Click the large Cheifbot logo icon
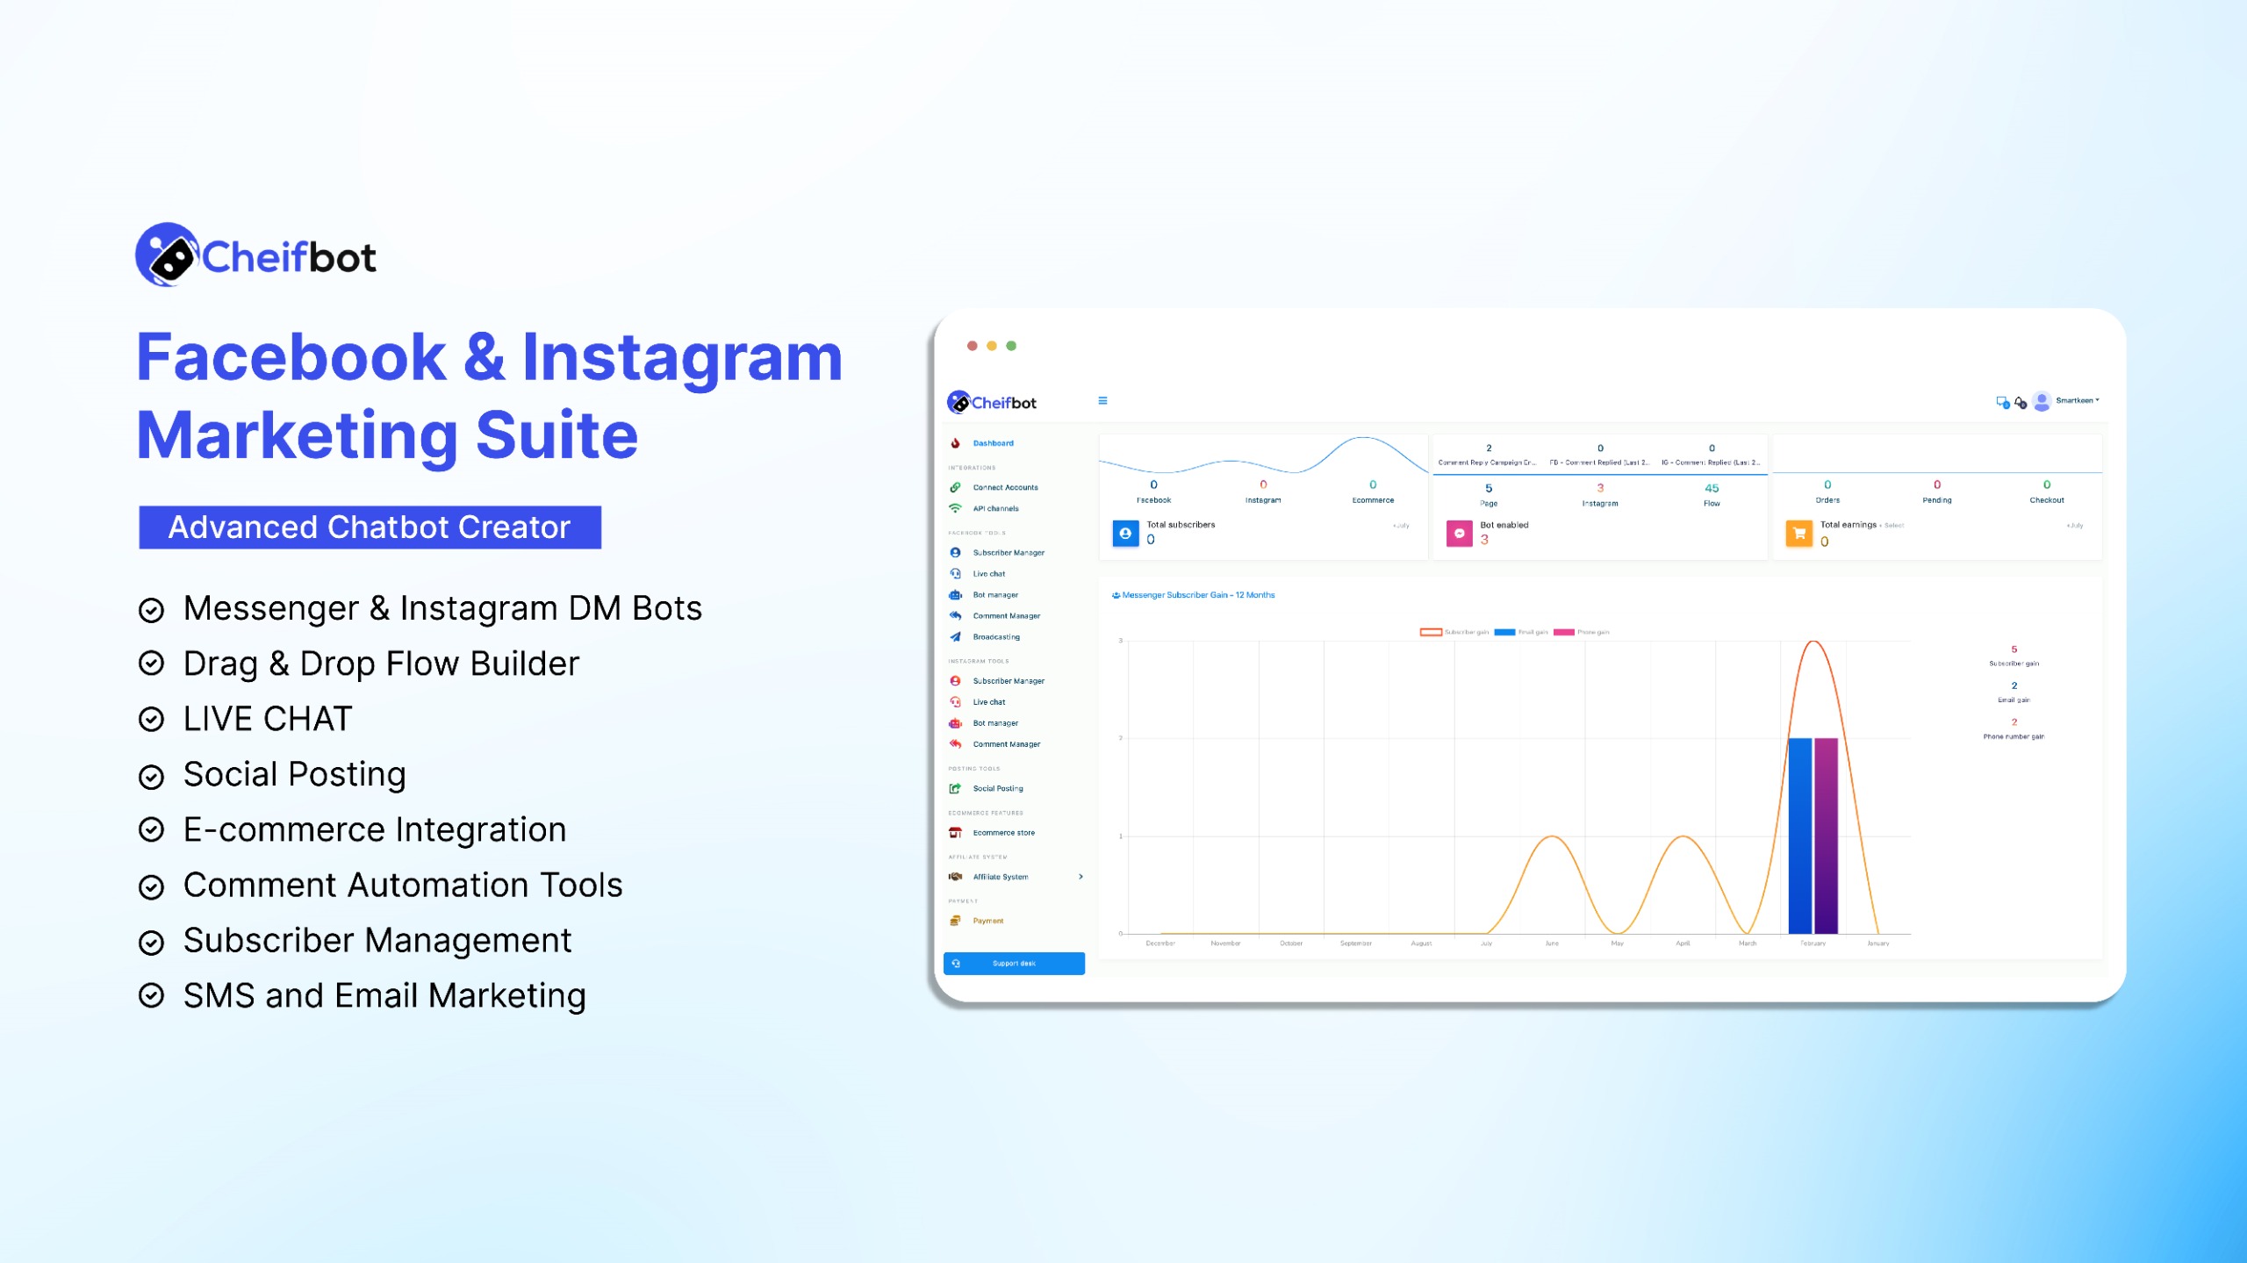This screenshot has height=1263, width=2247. coord(168,255)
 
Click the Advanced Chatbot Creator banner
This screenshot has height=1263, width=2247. coord(370,527)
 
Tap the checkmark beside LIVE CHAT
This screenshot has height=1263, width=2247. coord(152,720)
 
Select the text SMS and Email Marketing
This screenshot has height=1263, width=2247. coord(384,995)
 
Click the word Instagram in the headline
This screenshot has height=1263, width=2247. coord(682,358)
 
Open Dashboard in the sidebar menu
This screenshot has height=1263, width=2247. coord(993,443)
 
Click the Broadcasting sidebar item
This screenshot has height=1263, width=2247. coord(995,637)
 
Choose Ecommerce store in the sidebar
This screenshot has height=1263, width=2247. coord(1003,833)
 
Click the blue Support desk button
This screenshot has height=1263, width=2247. coord(1014,964)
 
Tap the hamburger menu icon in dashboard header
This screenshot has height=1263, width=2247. coord(1102,401)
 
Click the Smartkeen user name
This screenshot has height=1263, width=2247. coord(2075,401)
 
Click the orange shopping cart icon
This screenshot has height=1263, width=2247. coord(1798,533)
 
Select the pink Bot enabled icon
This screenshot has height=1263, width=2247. coord(1459,533)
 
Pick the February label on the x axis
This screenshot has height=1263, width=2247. coord(1813,944)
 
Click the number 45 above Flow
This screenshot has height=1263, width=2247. coord(1711,488)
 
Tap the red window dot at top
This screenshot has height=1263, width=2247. coord(972,346)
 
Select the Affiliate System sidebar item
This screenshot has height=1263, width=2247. coord(1000,877)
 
